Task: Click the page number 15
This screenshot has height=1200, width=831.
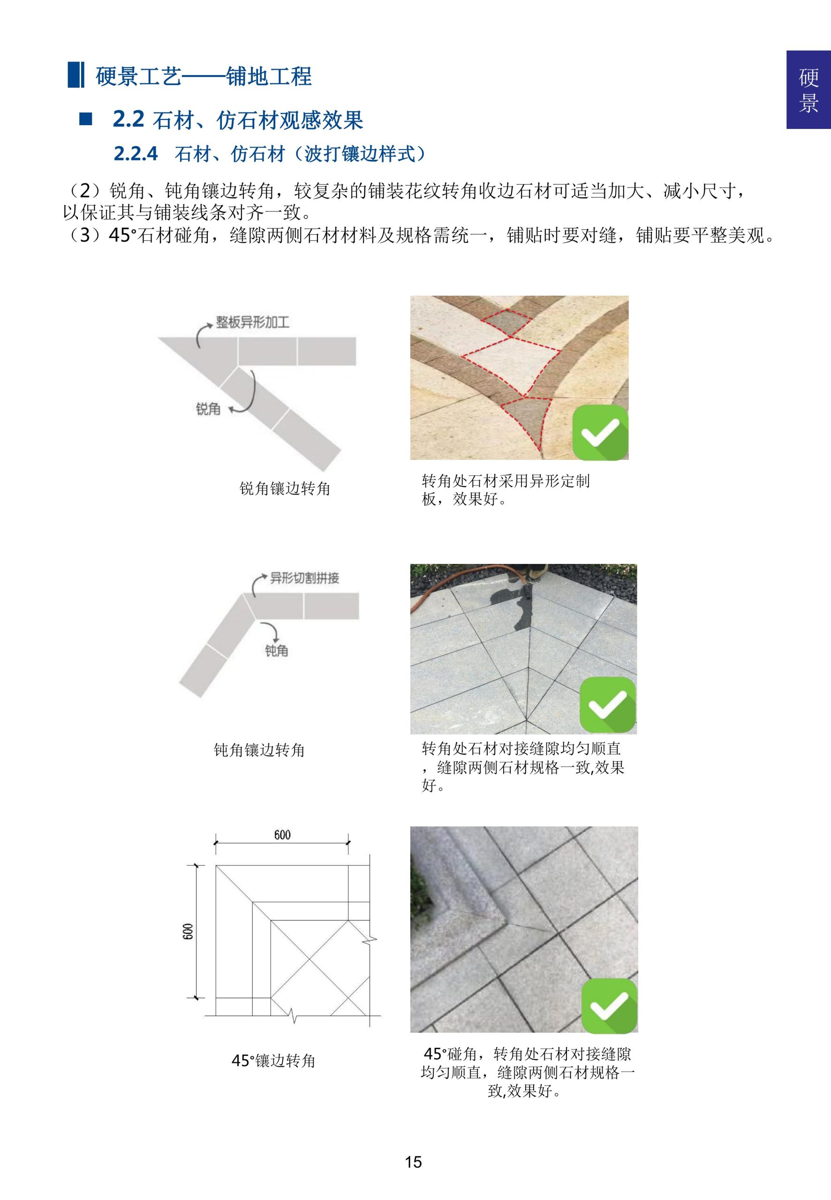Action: tap(414, 1162)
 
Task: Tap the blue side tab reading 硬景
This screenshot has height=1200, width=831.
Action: tap(808, 90)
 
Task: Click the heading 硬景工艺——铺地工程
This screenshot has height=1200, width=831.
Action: tap(203, 76)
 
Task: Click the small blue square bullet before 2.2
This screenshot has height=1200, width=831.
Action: tap(85, 119)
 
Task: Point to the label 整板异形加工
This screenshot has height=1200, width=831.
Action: tap(252, 322)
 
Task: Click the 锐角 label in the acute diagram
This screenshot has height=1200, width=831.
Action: tap(208, 409)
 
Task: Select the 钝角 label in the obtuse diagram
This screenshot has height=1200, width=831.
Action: tap(276, 651)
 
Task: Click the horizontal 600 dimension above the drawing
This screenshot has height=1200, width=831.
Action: tap(282, 835)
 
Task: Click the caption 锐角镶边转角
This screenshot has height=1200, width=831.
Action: tap(284, 488)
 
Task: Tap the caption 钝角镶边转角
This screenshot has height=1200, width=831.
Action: tap(259, 750)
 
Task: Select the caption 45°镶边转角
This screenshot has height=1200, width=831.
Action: tap(273, 1060)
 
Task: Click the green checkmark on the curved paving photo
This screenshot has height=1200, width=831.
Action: tap(600, 432)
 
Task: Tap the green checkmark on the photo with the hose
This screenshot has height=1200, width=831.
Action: tap(607, 705)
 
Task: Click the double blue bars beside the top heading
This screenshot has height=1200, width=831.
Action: tap(76, 75)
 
